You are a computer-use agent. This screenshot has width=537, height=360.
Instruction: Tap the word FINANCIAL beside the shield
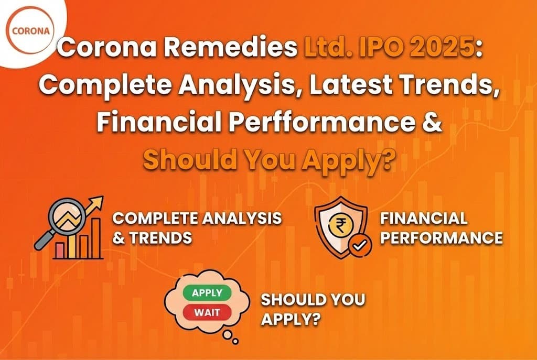(424, 218)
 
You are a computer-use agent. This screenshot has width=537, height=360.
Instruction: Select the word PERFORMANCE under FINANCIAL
(442, 237)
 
